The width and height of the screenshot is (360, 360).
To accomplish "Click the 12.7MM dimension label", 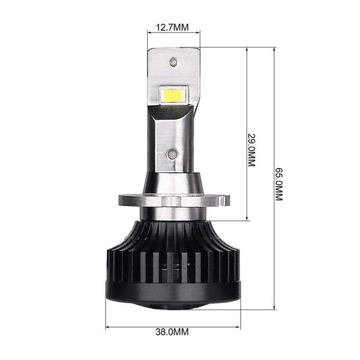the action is pyautogui.click(x=172, y=28).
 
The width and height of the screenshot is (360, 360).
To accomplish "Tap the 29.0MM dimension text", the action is pyautogui.click(x=251, y=150).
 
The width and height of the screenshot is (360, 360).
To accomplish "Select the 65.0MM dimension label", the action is pyautogui.click(x=279, y=184).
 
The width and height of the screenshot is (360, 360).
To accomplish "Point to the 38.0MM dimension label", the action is pyautogui.click(x=172, y=332).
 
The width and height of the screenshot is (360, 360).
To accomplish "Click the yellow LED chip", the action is pyautogui.click(x=173, y=95).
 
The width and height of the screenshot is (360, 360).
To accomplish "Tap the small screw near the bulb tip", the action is pyautogui.click(x=173, y=62).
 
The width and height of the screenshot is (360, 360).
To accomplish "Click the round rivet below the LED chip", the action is pyautogui.click(x=172, y=154).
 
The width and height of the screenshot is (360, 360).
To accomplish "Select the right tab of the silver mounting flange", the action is pyautogui.click(x=224, y=200).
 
